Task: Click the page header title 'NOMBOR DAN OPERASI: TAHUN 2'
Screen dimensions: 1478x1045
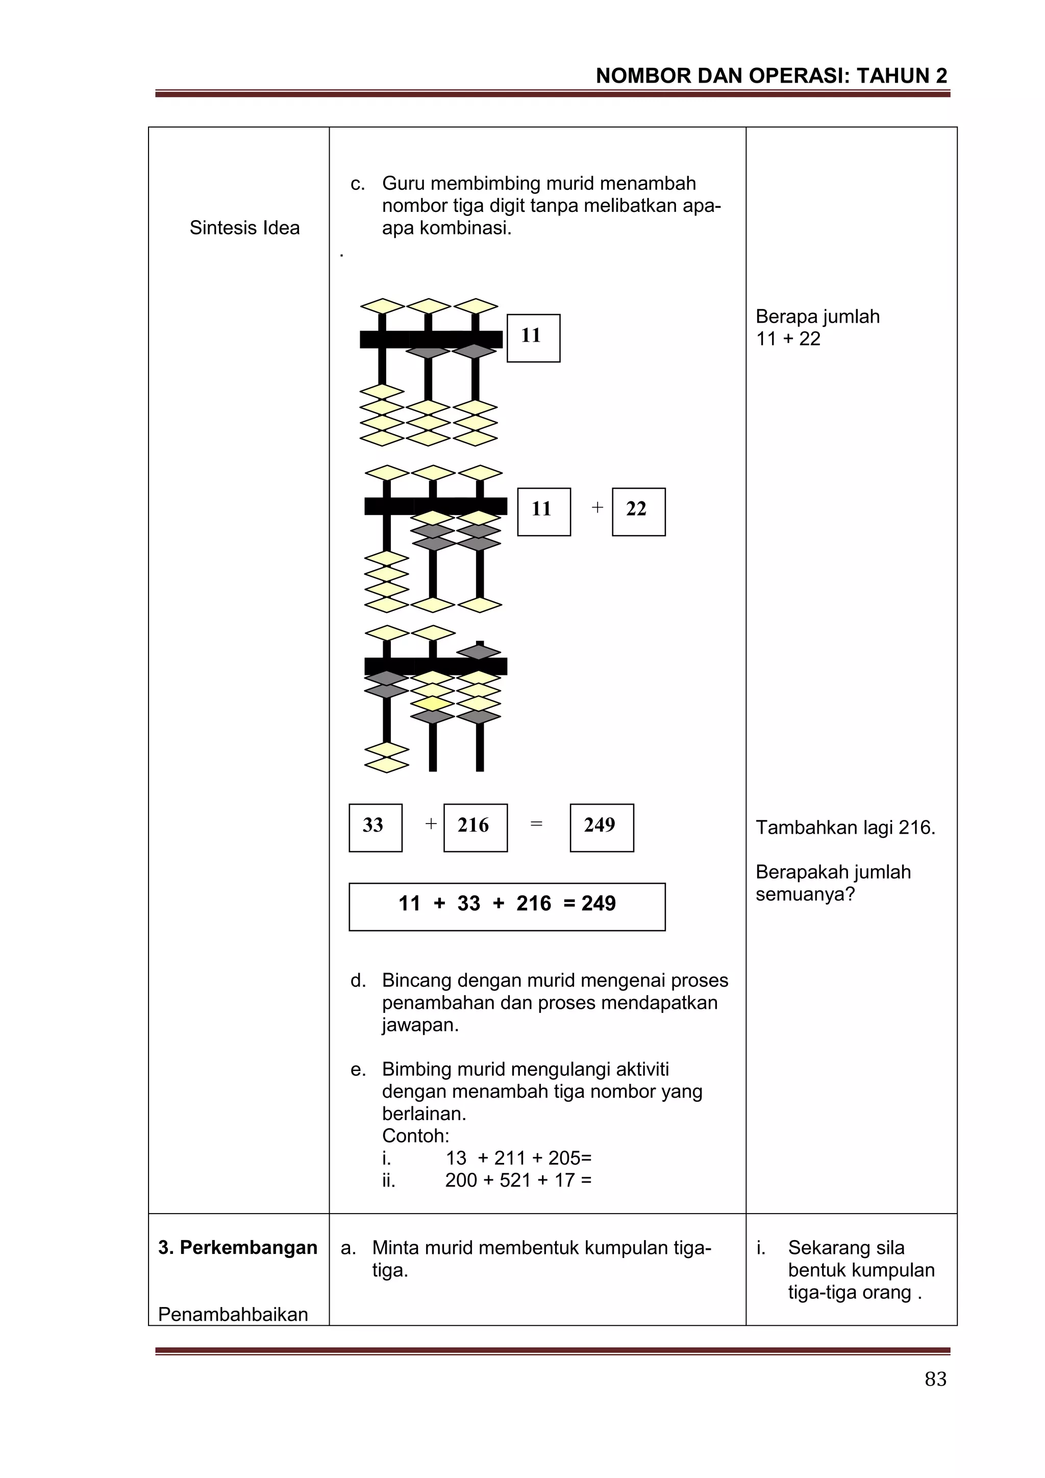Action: tap(771, 76)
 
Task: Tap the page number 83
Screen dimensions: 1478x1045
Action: tap(935, 1379)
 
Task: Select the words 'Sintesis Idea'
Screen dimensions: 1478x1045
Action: tap(244, 228)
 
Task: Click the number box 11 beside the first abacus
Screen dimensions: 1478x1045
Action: tap(533, 338)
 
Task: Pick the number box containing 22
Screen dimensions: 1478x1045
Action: tap(638, 512)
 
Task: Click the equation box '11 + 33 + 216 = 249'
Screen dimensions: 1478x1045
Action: tap(507, 906)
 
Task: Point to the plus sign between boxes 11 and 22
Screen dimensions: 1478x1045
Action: tap(597, 508)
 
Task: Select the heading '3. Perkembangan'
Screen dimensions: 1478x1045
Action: tap(237, 1248)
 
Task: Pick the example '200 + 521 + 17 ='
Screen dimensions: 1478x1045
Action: tap(518, 1180)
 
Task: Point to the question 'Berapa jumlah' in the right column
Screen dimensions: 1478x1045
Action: tap(817, 317)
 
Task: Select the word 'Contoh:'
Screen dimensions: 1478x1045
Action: tap(415, 1135)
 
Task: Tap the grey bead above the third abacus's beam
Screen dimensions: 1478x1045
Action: tap(479, 651)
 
